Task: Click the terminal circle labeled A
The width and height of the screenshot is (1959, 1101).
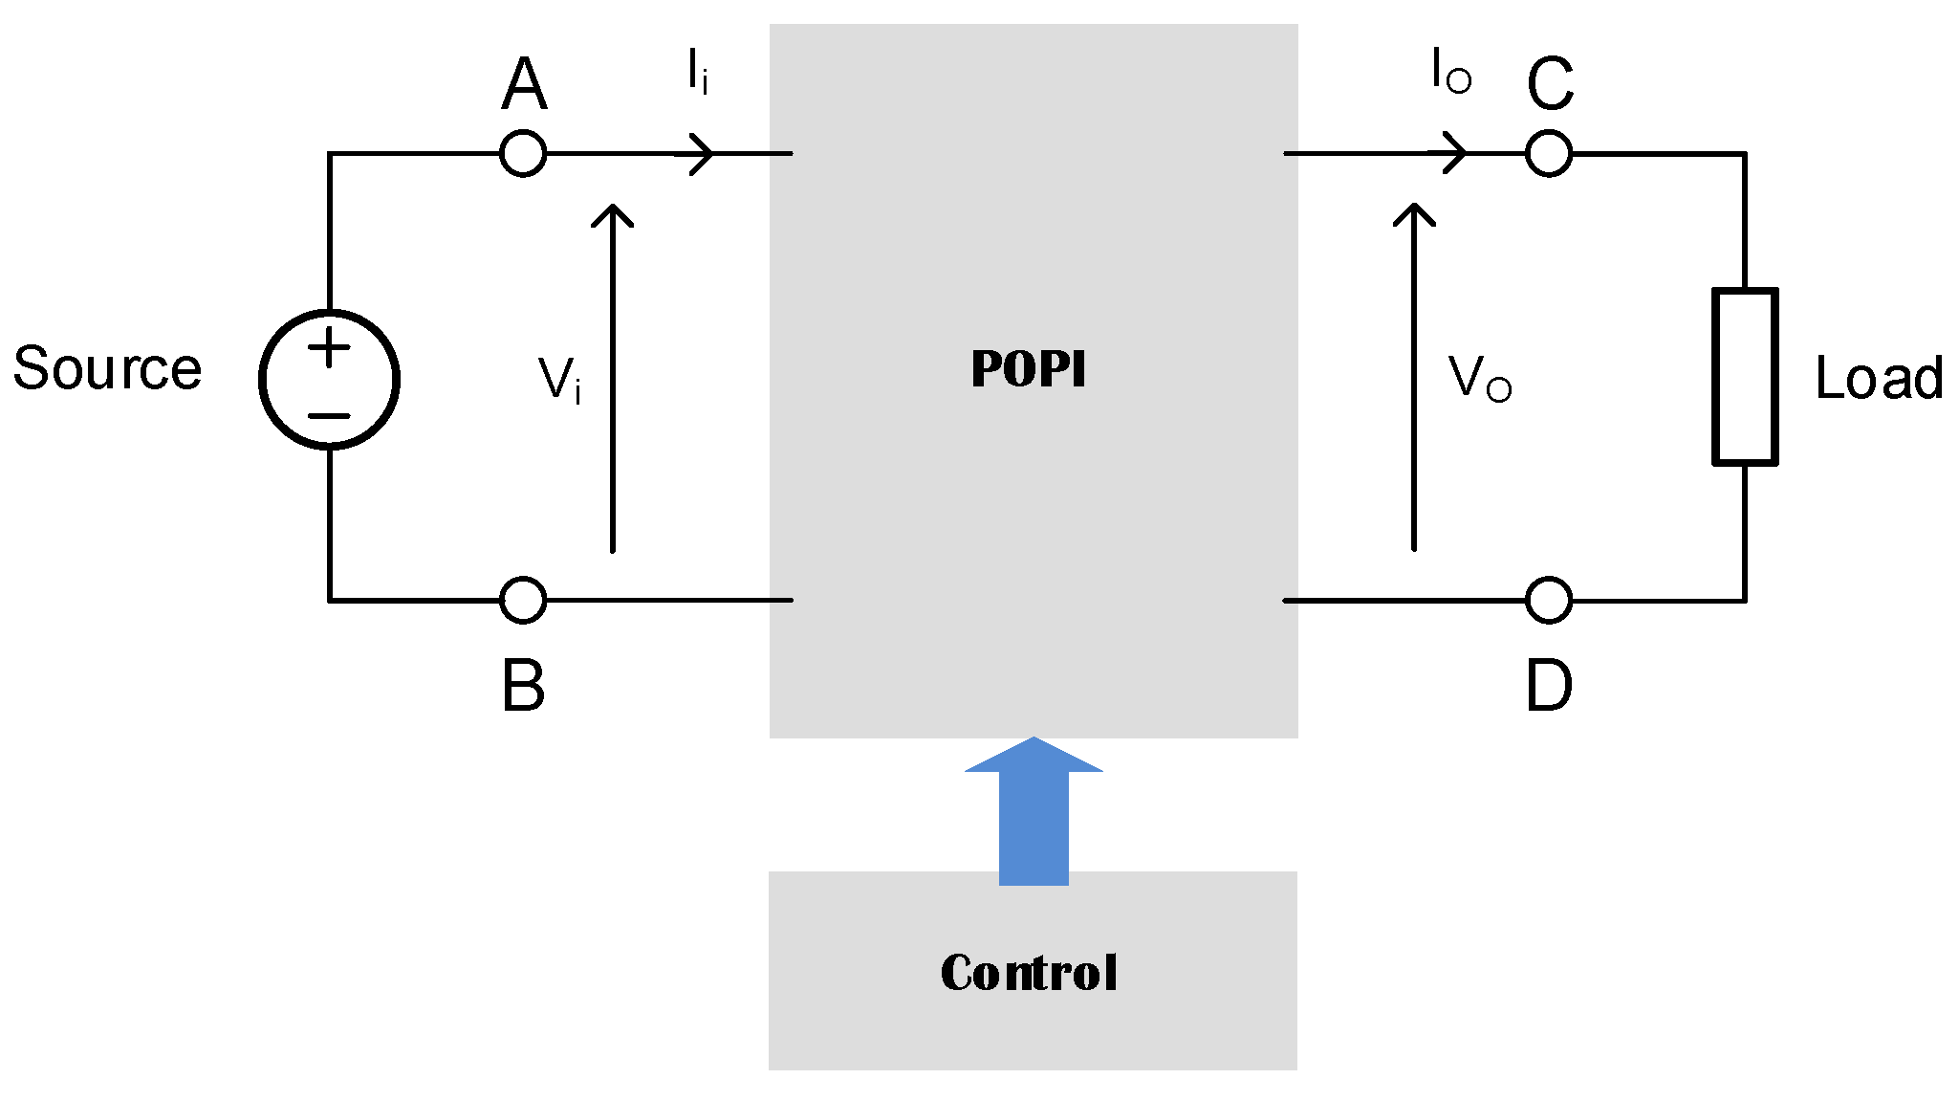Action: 523,153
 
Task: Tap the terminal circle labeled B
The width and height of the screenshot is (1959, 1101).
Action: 523,600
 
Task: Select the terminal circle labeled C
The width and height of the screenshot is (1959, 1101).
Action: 1549,153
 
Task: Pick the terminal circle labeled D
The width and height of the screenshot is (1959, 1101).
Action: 1549,601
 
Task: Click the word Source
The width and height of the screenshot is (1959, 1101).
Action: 107,369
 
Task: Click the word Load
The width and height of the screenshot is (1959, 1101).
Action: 1879,378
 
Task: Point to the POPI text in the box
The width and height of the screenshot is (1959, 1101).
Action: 1029,369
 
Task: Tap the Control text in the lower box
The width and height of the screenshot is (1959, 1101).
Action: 1029,973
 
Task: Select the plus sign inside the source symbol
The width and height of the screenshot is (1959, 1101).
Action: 330,347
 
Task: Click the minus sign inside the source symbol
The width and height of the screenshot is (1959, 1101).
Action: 330,416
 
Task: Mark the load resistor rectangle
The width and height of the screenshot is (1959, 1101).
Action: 1745,377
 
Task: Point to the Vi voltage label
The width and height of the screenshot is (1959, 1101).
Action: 559,380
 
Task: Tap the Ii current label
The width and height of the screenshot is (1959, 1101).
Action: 697,72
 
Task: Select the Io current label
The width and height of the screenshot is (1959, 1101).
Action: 1450,72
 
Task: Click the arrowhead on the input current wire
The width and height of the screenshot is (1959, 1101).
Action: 703,153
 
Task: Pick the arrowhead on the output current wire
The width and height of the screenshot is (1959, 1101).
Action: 1455,153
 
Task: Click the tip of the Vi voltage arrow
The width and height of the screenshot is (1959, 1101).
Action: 612,208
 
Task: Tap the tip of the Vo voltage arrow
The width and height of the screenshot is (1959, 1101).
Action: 1414,208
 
